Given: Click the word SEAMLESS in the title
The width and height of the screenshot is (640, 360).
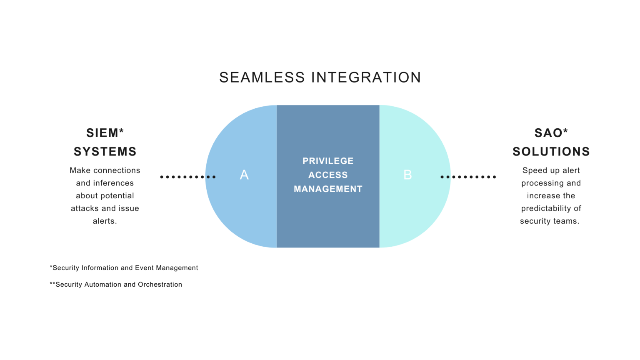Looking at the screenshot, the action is pos(262,77).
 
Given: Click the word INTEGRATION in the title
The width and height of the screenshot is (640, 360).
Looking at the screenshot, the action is pos(366,77).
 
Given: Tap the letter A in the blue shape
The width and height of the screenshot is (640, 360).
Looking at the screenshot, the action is pos(244,175).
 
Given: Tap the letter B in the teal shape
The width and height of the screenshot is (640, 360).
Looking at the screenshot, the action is pos(408,175).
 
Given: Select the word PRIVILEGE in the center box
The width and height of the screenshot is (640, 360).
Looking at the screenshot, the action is pos(328,161).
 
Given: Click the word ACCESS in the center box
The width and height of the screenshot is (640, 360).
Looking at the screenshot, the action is pos(328,175).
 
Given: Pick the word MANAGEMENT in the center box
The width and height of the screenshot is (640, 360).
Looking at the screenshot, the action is pos(328,189).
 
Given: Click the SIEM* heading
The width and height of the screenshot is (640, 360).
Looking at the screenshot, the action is pos(105,133).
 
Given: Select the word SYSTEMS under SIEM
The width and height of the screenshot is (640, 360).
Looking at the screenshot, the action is pos(105,151).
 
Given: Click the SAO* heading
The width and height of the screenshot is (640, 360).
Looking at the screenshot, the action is pos(551,133).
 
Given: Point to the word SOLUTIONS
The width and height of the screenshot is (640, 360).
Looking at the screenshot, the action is pos(551,151).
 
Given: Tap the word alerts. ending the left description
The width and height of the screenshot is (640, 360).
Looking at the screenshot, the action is pos(105,221).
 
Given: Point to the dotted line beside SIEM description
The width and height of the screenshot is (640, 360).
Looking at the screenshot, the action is pos(188,177).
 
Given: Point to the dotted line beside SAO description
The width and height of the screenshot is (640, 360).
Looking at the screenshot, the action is pos(468,177).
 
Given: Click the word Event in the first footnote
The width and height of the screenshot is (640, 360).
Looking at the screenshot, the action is pos(144,268).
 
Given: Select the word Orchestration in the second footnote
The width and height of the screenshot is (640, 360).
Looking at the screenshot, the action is pos(160,285).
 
